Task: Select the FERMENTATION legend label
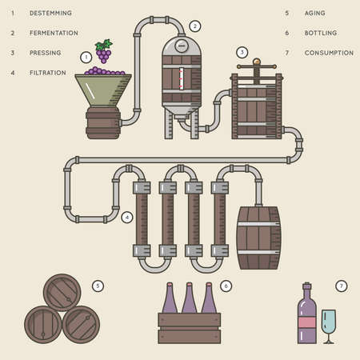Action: (53, 34)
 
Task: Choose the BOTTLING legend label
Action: (320, 34)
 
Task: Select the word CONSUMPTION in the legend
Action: (328, 53)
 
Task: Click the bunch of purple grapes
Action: (103, 50)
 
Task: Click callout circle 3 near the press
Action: (242, 52)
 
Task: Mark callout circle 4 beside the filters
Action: (126, 217)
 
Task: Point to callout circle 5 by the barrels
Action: (98, 285)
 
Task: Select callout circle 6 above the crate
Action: (226, 285)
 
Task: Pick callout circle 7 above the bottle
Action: (342, 285)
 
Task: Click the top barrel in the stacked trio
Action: (61, 293)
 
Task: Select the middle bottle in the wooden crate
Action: (190, 301)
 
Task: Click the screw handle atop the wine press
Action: (257, 62)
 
